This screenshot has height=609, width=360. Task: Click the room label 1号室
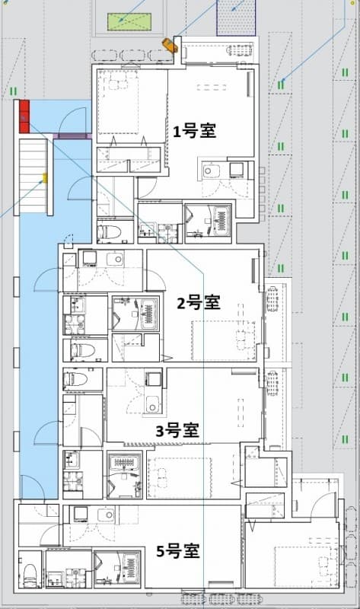coord(194,132)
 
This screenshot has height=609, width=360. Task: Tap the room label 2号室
coord(198,303)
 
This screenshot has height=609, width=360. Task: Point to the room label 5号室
coord(177,550)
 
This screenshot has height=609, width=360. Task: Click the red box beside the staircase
coord(24,116)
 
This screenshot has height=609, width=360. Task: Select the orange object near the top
coord(170,46)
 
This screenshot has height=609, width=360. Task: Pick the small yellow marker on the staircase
coord(45,178)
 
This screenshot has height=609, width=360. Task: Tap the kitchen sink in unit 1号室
coord(212,171)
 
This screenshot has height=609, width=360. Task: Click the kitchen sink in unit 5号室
coord(104,515)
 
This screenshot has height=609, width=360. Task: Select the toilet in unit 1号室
coord(112,230)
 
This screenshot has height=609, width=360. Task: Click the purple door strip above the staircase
coord(73,136)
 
